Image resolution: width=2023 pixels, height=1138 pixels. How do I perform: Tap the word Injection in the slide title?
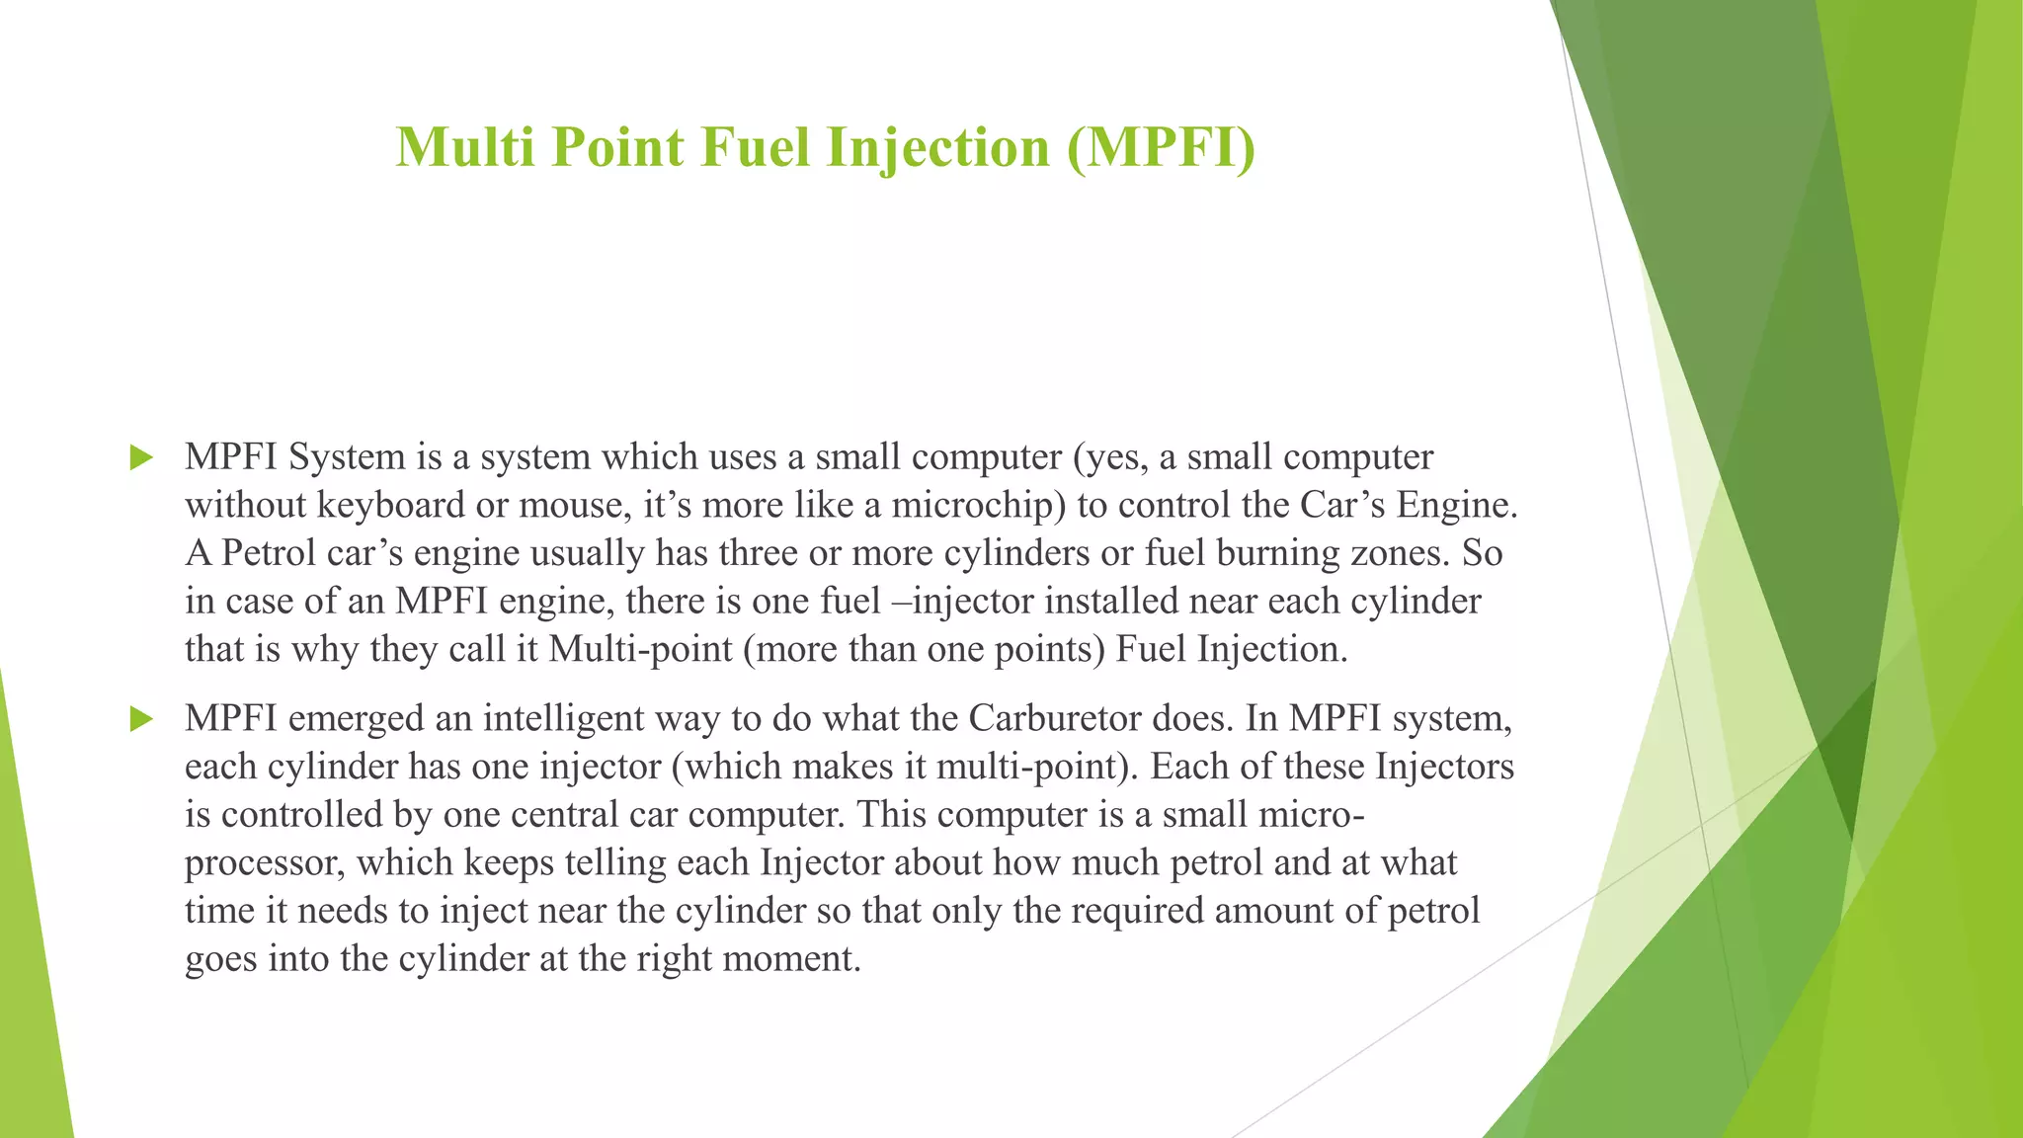(937, 148)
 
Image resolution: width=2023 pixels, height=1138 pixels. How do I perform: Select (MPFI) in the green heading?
(1161, 148)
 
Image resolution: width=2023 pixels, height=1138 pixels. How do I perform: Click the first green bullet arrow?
(141, 457)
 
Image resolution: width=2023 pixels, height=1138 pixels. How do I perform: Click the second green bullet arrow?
(141, 719)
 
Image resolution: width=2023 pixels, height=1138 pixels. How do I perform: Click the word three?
(758, 553)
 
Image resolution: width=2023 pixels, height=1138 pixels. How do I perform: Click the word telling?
(615, 863)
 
